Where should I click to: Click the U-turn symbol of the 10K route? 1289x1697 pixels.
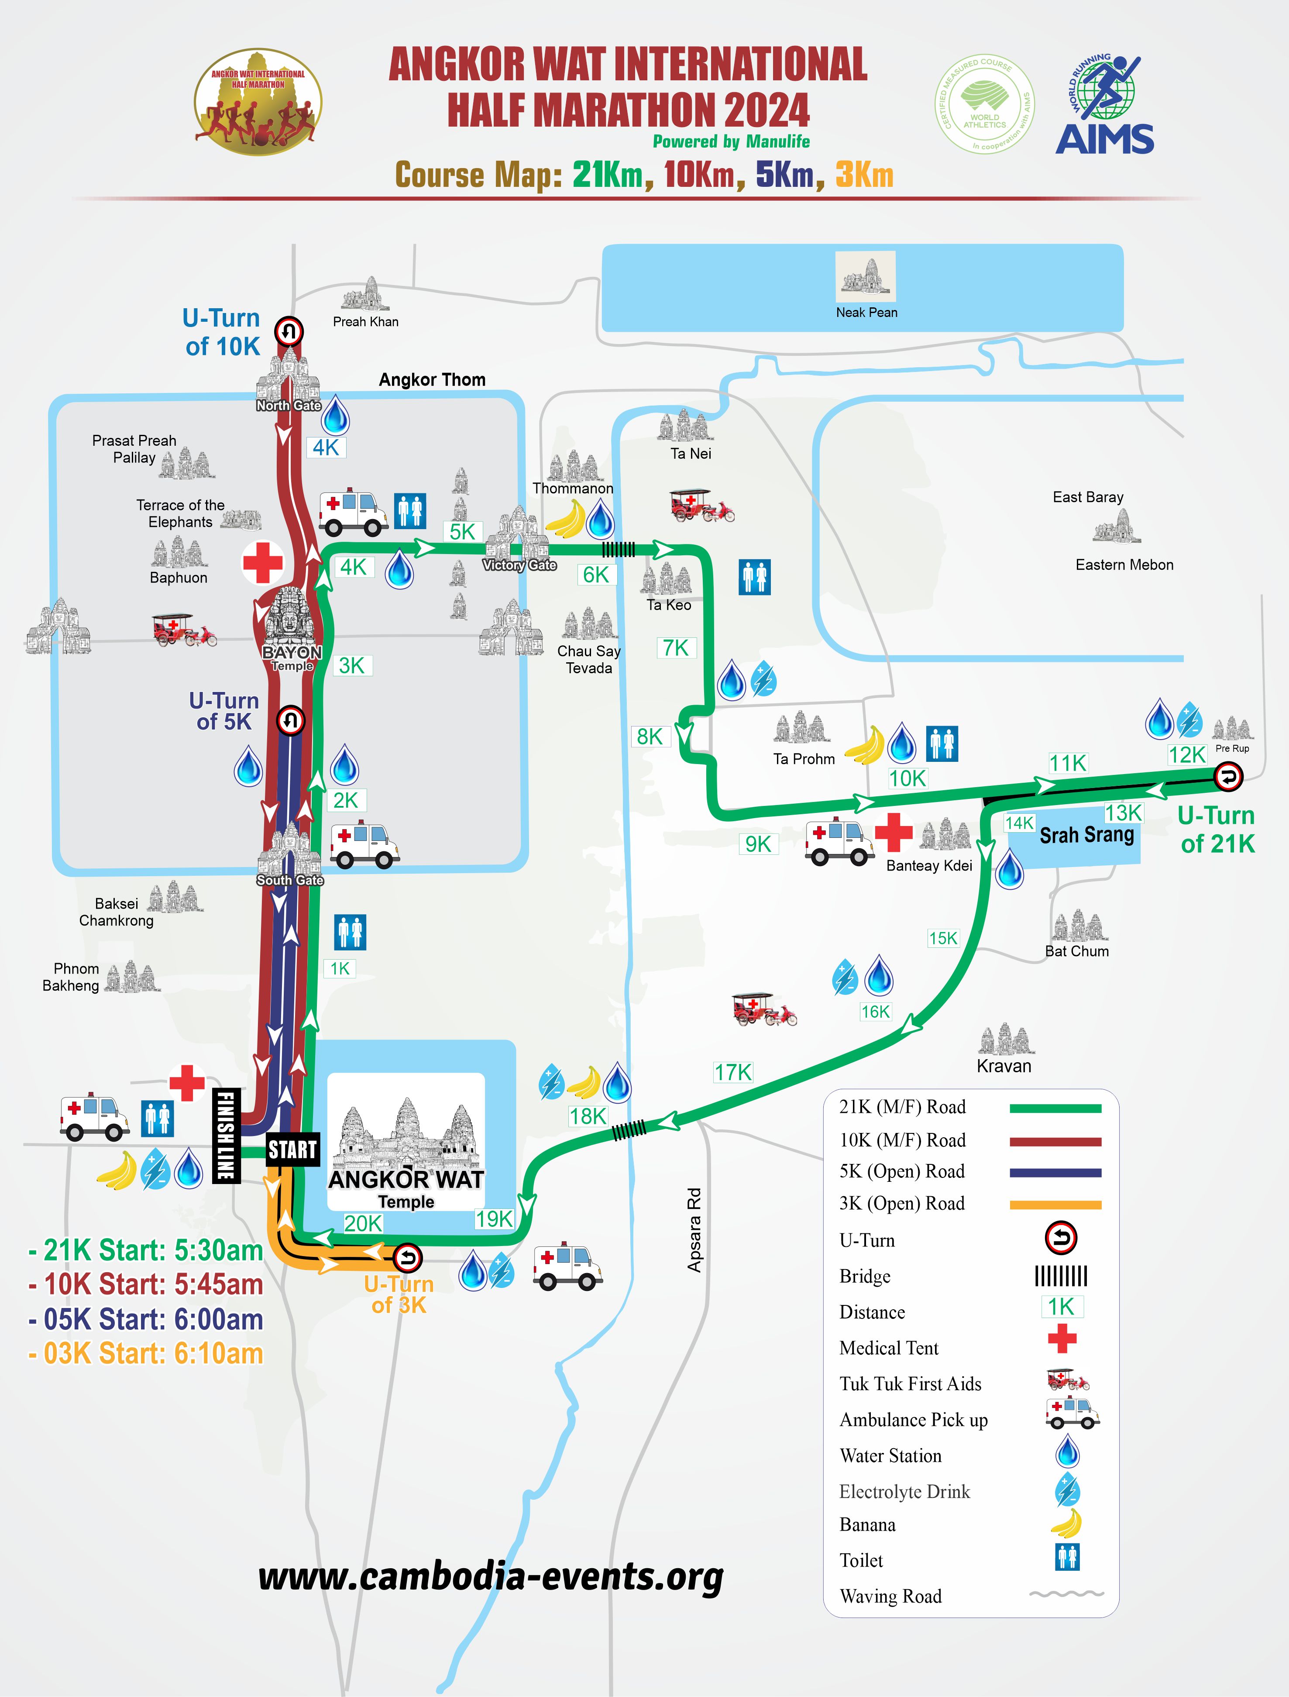click(x=289, y=331)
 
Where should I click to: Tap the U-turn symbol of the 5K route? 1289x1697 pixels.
click(x=290, y=720)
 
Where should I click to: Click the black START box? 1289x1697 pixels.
click(x=292, y=1149)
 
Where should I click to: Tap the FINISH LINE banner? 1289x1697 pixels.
click(x=226, y=1136)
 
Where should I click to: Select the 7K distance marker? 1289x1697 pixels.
click(x=676, y=648)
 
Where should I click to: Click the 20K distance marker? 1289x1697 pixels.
click(x=363, y=1223)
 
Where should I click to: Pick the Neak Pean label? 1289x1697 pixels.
click(x=866, y=312)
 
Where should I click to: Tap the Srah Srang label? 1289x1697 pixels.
click(x=1086, y=835)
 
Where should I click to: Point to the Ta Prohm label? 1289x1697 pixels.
click(x=803, y=759)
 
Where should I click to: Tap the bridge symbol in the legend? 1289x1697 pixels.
click(x=1061, y=1276)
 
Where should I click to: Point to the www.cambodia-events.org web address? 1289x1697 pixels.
click(x=491, y=1578)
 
